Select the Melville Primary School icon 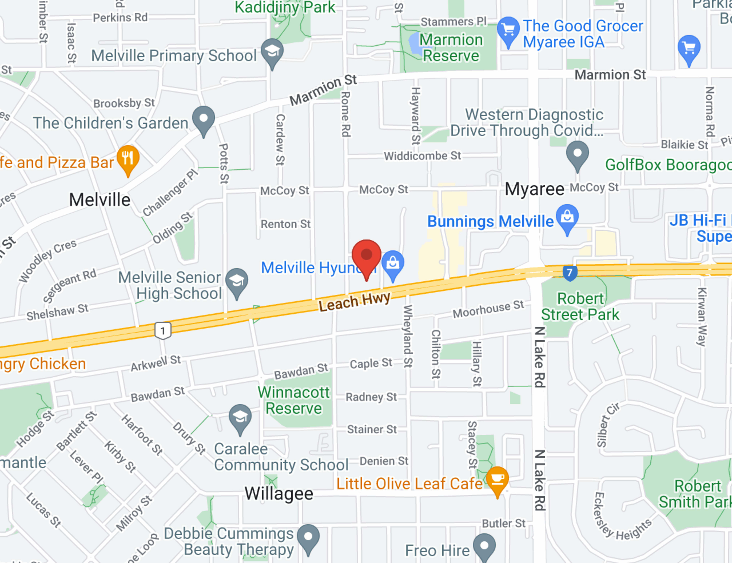click(x=272, y=52)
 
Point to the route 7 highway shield click(x=570, y=273)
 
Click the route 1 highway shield click(x=163, y=331)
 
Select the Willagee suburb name click(x=279, y=494)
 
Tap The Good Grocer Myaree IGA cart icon click(x=508, y=30)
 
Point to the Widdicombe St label click(x=422, y=156)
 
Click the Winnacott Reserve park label click(x=294, y=400)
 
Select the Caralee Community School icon click(x=240, y=417)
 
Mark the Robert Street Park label click(x=580, y=306)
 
